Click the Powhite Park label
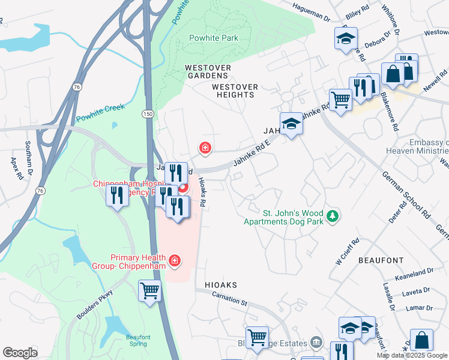pos(214,38)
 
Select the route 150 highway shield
pos(147,113)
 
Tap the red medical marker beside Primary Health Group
pos(174,260)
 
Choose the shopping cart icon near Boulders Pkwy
pos(149,292)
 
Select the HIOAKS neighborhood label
pos(221,285)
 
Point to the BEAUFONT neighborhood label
pos(381,260)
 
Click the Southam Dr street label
pos(28,154)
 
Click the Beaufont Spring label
pos(138,340)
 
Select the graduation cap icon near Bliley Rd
pos(346,39)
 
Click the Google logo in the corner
pos(20,353)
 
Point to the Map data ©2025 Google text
pos(412,355)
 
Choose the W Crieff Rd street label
pos(347,251)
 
